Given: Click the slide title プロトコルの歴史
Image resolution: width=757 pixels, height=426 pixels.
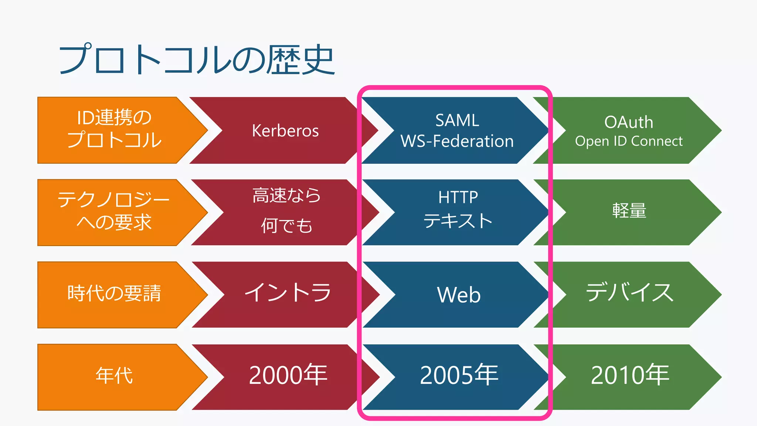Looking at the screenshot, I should point(197,60).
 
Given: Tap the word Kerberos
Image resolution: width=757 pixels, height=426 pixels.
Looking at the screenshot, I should point(285,131).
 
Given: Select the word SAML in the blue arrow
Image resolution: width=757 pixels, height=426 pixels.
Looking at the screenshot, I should point(457,121).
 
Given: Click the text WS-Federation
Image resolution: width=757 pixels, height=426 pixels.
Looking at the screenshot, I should point(457,141).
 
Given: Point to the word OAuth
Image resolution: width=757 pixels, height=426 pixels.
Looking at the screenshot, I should point(628,122).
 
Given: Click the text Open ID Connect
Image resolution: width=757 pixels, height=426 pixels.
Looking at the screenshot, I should point(628,141).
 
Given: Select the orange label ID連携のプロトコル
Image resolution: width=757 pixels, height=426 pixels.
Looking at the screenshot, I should point(114,129).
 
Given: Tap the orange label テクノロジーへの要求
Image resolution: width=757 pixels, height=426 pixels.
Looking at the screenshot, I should point(114,211).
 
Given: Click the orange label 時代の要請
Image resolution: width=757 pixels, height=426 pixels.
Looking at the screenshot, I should point(114,294).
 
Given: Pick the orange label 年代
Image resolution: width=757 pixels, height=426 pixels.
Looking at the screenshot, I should point(114,376).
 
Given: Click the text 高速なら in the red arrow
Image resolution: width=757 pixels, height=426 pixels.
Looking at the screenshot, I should point(286,196).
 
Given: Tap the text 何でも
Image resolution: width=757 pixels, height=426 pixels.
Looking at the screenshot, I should point(286,226).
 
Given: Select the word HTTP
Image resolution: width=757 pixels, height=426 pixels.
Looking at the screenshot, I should point(458,197).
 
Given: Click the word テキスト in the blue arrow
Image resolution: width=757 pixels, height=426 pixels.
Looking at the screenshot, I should point(458,221).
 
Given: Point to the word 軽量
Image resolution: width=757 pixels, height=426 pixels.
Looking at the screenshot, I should point(629,211).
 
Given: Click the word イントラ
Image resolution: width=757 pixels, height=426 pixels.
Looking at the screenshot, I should point(288,293).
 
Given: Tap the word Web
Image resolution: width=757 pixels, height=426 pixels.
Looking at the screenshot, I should point(459,295).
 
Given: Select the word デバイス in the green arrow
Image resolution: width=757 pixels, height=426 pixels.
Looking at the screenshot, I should point(630,293).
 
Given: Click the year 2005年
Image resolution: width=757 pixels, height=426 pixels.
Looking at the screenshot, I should point(459,375).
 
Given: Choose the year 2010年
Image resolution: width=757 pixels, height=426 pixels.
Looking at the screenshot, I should point(630,375).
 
